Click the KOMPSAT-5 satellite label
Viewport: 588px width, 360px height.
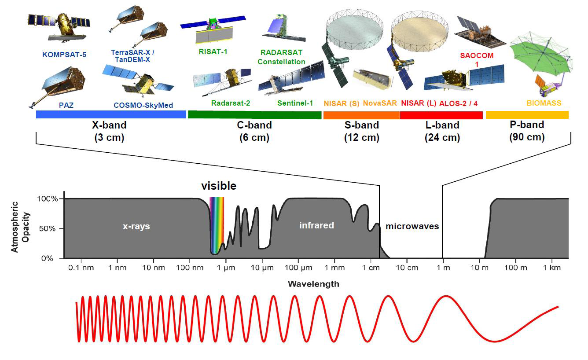click(x=64, y=55)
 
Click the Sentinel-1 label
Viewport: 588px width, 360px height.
click(x=295, y=103)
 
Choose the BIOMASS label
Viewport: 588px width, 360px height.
click(x=544, y=103)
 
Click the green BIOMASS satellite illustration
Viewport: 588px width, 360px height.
click(x=541, y=57)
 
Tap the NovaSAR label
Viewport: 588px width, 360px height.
click(x=380, y=103)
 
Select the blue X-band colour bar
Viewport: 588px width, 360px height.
click(x=111, y=114)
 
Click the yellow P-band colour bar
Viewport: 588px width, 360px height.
click(x=527, y=115)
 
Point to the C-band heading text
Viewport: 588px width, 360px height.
click(x=254, y=125)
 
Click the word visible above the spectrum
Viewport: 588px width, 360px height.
click(x=219, y=186)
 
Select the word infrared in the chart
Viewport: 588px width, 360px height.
click(x=316, y=225)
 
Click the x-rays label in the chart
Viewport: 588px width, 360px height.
click(x=136, y=226)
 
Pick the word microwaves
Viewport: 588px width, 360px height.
click(x=412, y=226)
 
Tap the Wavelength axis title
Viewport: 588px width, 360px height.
click(x=313, y=284)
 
